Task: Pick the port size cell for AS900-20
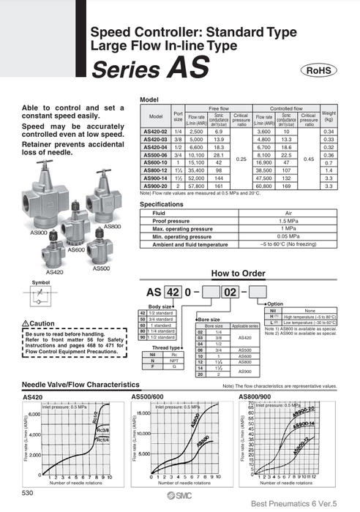point(177,187)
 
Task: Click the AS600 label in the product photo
point(76,250)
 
